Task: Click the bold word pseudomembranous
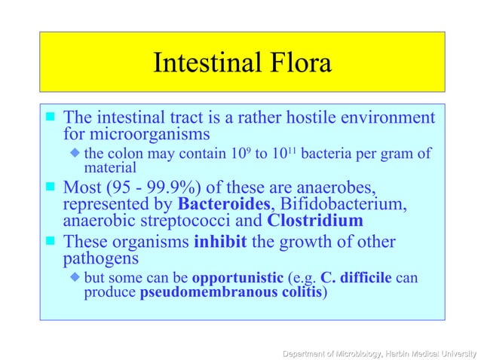195,293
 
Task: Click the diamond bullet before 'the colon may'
75,154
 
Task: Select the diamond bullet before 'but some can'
75,278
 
